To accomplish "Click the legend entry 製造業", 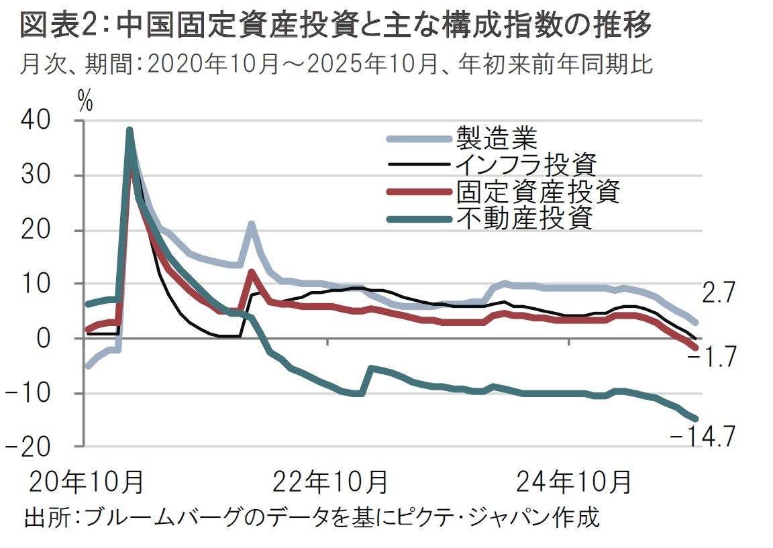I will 496,138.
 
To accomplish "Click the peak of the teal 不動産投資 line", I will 130,130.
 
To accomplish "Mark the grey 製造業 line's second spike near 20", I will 252,225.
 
